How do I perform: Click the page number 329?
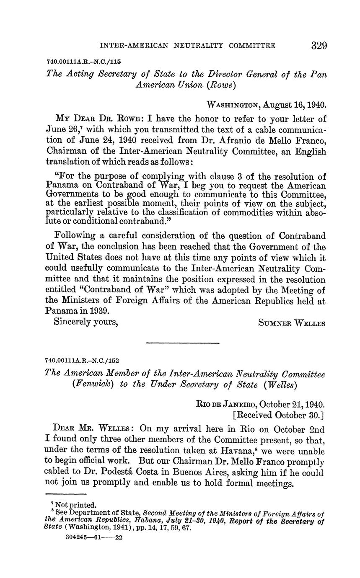click(319, 45)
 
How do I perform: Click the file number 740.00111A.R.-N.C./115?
click(83, 61)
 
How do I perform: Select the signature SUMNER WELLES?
click(292, 323)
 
